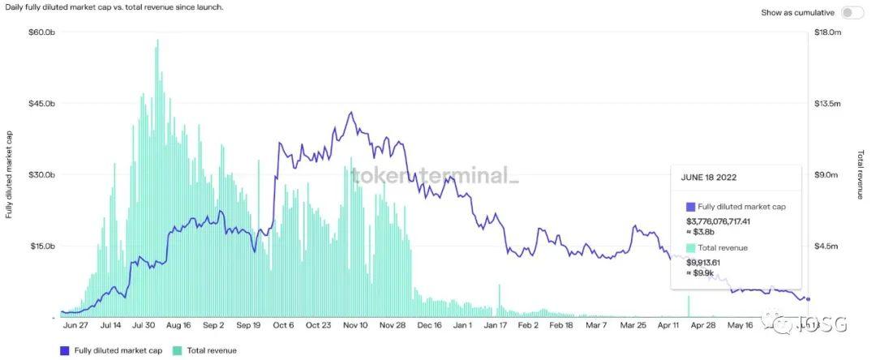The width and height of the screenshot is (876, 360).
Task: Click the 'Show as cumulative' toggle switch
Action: [x=852, y=12]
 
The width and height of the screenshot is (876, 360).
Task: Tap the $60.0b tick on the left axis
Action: [x=41, y=32]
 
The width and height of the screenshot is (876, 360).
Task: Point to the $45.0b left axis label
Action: [x=41, y=104]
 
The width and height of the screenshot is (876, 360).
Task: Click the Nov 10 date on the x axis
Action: [x=355, y=325]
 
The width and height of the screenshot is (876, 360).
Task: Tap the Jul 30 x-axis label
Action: [x=144, y=325]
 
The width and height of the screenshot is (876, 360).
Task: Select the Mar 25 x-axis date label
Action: [x=632, y=325]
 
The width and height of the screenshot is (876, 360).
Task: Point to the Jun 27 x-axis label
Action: [x=75, y=325]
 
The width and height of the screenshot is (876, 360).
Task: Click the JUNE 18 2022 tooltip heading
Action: [x=709, y=177]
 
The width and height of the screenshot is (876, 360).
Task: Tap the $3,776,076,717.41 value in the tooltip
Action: [x=730, y=221]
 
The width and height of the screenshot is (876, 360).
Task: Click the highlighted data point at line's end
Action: [x=808, y=299]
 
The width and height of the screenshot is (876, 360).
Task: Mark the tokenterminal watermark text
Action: [x=433, y=175]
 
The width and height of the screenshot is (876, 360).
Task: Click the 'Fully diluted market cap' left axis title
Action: [x=9, y=174]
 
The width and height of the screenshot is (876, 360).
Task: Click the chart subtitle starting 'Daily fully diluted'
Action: [x=114, y=7]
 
